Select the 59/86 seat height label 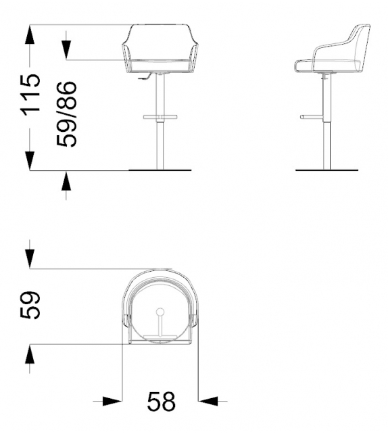click(66, 114)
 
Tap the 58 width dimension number click(161, 402)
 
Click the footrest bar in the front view click(160, 118)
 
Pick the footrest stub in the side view click(312, 117)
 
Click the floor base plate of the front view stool click(160, 170)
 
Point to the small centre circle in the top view click(160, 312)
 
